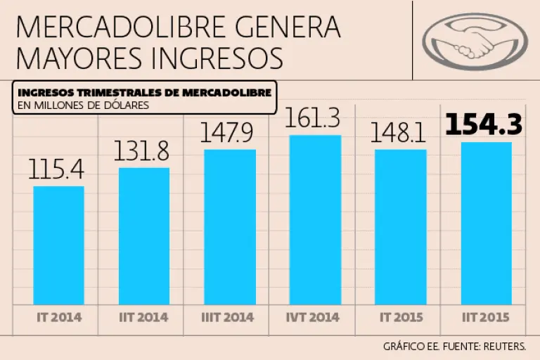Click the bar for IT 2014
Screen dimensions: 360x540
tap(59, 245)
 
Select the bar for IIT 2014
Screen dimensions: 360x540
tap(144, 236)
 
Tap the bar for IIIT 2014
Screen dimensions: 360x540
tap(229, 226)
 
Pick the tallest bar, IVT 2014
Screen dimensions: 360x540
tap(315, 219)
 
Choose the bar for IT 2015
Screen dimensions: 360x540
tap(400, 226)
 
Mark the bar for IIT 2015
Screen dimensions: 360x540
tap(486, 223)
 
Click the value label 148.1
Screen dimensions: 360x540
tap(400, 133)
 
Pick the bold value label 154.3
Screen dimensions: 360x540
tap(484, 124)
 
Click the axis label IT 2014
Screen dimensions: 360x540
tap(59, 317)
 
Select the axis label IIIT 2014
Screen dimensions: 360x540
tap(229, 317)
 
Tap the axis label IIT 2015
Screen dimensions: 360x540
tap(486, 317)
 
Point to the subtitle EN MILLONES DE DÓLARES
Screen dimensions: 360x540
tap(84, 106)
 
